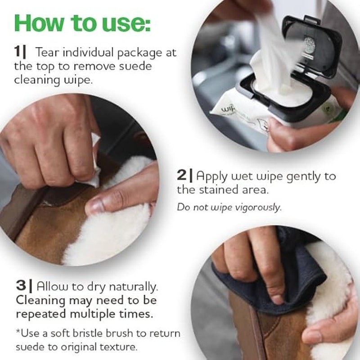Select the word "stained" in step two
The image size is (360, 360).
(x=218, y=189)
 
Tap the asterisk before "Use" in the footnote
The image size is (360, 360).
(x=18, y=331)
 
